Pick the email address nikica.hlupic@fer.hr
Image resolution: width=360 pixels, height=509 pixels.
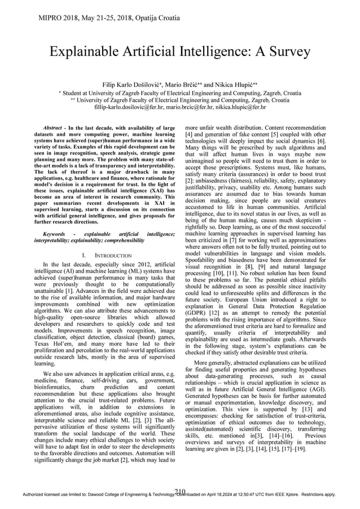click(235, 107)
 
